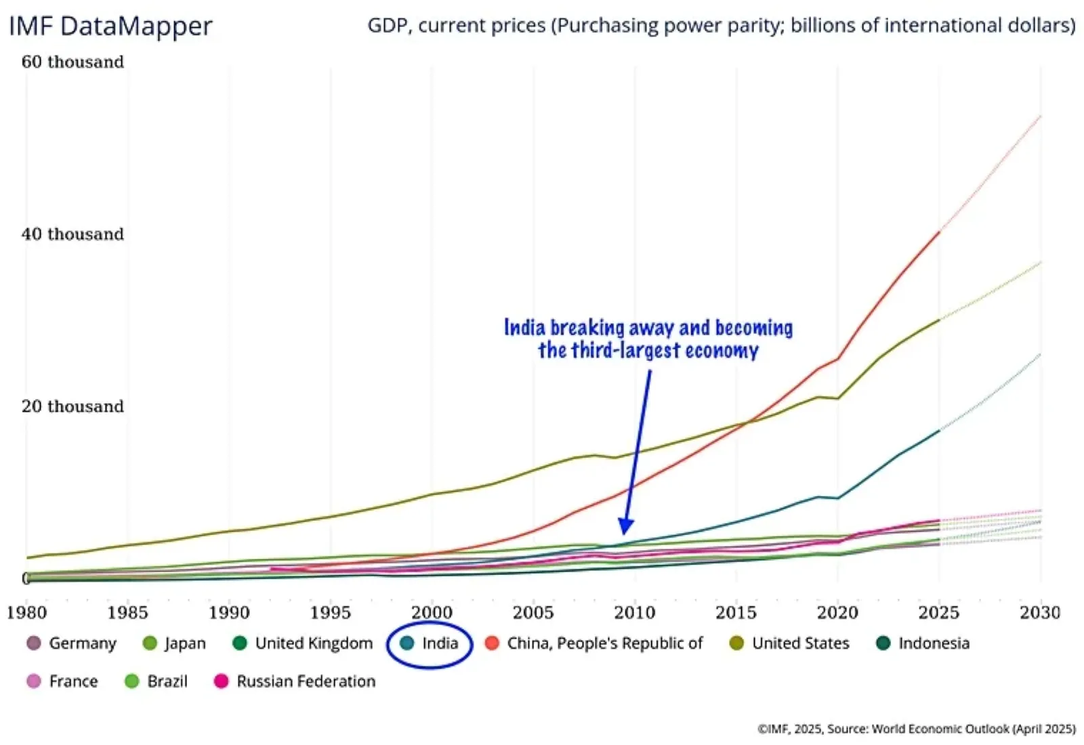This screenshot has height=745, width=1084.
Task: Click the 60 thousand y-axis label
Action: click(x=72, y=62)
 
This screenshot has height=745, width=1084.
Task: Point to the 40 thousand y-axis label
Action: click(x=72, y=234)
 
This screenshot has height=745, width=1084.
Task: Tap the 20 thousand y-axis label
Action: click(x=72, y=406)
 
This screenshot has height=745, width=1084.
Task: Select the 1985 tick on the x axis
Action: click(x=127, y=612)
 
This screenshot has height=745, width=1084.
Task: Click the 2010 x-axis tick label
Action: click(x=634, y=612)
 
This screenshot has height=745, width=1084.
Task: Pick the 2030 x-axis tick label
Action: click(x=1039, y=612)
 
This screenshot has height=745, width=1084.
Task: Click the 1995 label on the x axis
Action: click(x=330, y=612)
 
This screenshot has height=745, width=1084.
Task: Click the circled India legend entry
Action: click(x=430, y=643)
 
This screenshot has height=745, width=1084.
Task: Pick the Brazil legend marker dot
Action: click(x=132, y=681)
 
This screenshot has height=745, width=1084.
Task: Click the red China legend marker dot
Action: click(x=493, y=643)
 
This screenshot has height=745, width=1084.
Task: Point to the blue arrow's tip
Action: click(x=625, y=533)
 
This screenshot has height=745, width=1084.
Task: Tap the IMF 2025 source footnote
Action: click(x=916, y=729)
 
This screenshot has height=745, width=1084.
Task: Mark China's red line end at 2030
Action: click(x=1040, y=116)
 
